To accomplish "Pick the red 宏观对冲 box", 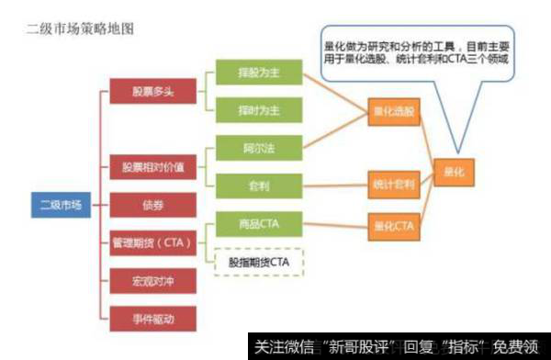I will coord(147,280).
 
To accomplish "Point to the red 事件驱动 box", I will coord(147,318).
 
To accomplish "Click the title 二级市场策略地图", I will coord(82,28).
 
